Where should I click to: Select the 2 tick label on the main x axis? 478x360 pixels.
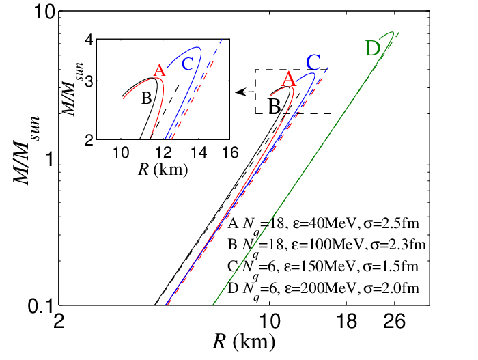tap(59, 321)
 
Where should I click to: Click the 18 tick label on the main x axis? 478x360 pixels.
tap(347, 321)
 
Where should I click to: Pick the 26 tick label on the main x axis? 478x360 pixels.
tap(394, 321)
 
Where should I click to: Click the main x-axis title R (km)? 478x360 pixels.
tap(244, 342)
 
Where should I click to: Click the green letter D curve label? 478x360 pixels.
tap(373, 49)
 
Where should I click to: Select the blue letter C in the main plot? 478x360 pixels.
tap(313, 62)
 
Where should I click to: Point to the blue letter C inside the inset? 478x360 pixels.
tap(187, 64)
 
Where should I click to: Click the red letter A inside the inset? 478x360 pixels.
tap(159, 70)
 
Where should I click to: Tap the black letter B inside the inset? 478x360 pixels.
tap(146, 98)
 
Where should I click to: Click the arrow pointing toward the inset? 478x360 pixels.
tap(244, 92)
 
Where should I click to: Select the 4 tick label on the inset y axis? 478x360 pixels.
tap(89, 41)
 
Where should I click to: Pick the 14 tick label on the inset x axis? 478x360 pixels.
tap(199, 152)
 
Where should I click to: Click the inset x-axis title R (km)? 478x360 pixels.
tap(163, 169)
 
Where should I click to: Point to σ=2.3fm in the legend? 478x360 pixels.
tap(397, 245)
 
